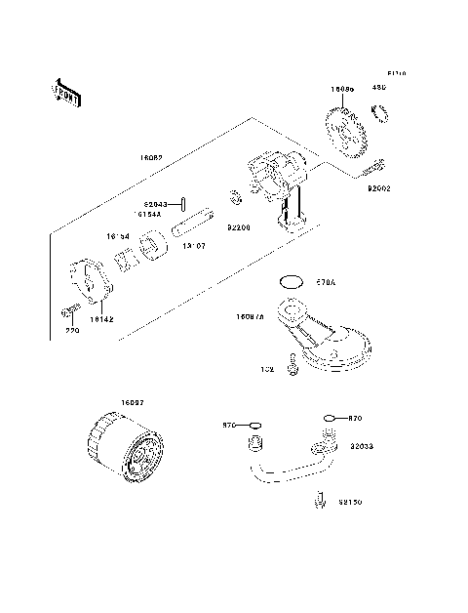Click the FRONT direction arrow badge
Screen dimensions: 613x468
66,91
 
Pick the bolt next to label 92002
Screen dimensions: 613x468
374,168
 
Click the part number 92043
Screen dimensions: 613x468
153,205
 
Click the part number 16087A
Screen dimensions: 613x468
250,316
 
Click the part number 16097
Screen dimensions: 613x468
133,403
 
